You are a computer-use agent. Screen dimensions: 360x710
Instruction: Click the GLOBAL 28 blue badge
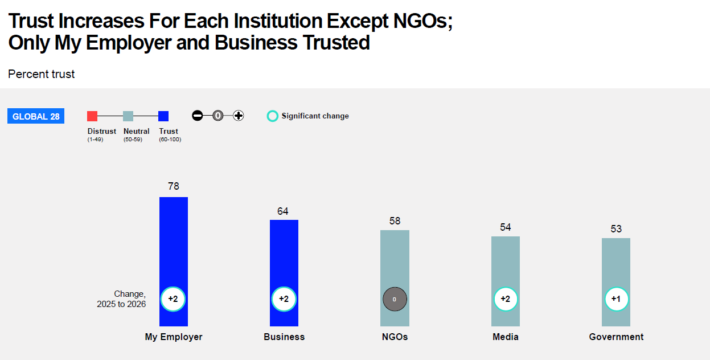pyautogui.click(x=36, y=116)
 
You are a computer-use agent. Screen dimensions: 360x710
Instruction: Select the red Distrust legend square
pyautogui.click(x=92, y=116)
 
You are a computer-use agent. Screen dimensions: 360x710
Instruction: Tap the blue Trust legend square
pyautogui.click(x=163, y=116)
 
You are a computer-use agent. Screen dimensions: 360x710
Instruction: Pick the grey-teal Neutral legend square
pyautogui.click(x=128, y=116)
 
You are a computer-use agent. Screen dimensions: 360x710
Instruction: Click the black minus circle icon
pyautogui.click(x=198, y=116)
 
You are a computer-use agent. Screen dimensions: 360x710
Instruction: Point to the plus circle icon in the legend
pyautogui.click(x=239, y=116)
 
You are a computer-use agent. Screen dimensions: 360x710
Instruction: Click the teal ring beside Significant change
pyautogui.click(x=273, y=116)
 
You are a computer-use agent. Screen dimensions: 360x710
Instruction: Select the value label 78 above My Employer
pyautogui.click(x=174, y=186)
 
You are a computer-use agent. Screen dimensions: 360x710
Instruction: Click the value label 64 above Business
pyautogui.click(x=283, y=211)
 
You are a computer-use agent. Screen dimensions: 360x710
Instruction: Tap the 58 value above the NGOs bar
pyautogui.click(x=395, y=221)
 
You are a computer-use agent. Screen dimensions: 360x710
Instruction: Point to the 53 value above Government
pyautogui.click(x=616, y=229)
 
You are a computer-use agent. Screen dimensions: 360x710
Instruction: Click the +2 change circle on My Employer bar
pyautogui.click(x=173, y=299)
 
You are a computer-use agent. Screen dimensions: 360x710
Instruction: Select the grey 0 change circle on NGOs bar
pyautogui.click(x=395, y=299)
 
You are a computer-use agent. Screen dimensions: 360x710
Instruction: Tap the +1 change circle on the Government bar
pyautogui.click(x=616, y=299)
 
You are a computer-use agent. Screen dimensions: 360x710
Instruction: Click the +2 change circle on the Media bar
pyautogui.click(x=506, y=299)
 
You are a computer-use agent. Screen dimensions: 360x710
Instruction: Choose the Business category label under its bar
pyautogui.click(x=284, y=337)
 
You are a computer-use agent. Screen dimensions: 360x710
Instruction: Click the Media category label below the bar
pyautogui.click(x=506, y=337)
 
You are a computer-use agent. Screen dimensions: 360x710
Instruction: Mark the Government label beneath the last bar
pyautogui.click(x=616, y=337)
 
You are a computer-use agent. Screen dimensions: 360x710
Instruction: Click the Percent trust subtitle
pyautogui.click(x=42, y=74)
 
